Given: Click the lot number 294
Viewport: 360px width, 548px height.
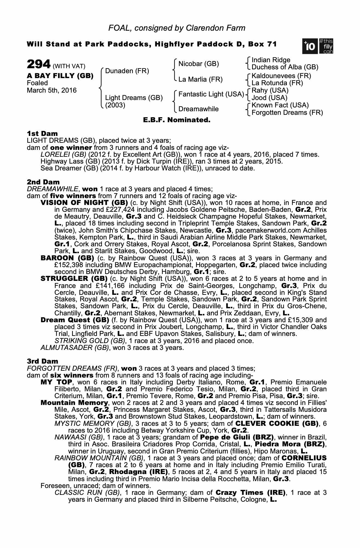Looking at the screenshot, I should pyautogui.click(x=39, y=65).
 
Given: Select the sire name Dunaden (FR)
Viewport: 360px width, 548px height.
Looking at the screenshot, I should pyautogui.click(x=127, y=71).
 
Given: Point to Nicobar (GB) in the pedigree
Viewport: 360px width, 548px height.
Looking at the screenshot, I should pyautogui.click(x=198, y=64).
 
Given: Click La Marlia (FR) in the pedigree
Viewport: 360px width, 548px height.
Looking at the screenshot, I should pyautogui.click(x=200, y=79).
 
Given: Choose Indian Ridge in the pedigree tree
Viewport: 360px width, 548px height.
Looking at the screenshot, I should pyautogui.click(x=271, y=60).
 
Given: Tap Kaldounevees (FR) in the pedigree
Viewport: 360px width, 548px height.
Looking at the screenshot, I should pyautogui.click(x=281, y=76).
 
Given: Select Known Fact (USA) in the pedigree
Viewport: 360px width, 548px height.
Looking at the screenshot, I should pyautogui.click(x=280, y=105).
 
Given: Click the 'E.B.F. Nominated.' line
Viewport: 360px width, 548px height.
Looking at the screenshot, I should pyautogui.click(x=177, y=120).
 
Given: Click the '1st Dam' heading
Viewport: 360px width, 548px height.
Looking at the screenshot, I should pyautogui.click(x=42, y=133).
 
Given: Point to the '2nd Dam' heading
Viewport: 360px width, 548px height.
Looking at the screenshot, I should pyautogui.click(x=43, y=182).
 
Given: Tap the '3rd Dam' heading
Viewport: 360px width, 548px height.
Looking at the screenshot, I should pyautogui.click(x=42, y=361).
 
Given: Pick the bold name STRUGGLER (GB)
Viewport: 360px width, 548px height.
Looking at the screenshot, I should pyautogui.click(x=74, y=279).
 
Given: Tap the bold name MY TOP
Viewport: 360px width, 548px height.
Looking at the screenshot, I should pyautogui.click(x=56, y=382).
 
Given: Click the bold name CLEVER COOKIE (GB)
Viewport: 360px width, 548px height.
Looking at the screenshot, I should pyautogui.click(x=277, y=423).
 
